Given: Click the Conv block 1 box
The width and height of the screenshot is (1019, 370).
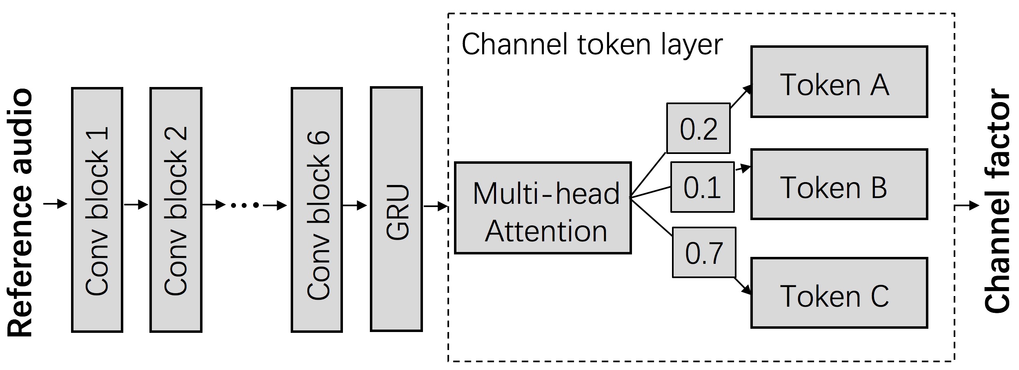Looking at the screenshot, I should [x=97, y=210].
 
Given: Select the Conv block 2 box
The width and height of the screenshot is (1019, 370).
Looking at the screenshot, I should [x=176, y=210].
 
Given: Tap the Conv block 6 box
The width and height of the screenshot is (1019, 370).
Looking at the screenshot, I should [x=317, y=210].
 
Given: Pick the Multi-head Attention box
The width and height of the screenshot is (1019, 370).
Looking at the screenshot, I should [x=543, y=208].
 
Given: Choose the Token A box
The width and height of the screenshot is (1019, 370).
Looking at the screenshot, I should [x=839, y=82].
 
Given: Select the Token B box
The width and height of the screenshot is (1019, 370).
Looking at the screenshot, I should [x=839, y=184].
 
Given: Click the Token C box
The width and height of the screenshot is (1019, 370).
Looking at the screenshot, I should [x=839, y=292].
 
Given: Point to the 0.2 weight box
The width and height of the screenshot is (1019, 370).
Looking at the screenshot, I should [x=699, y=128].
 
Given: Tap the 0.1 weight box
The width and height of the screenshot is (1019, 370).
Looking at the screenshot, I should [x=702, y=187].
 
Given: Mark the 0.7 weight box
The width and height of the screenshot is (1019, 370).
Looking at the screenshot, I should [x=704, y=252].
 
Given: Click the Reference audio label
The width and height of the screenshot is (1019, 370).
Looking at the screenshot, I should [x=20, y=212].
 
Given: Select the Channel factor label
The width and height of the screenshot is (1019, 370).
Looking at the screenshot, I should [x=997, y=201].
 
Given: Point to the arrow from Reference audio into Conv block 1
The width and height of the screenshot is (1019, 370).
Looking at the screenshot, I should [x=56, y=203].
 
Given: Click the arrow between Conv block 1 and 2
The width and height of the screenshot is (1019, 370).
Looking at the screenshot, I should [x=136, y=204].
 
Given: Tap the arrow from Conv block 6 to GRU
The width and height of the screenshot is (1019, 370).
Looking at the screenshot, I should [x=355, y=205].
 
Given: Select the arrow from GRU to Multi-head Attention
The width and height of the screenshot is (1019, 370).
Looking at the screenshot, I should [x=436, y=206].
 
